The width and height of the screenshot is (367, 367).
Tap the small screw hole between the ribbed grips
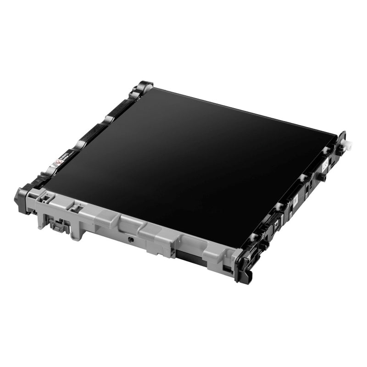pos(131,239)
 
